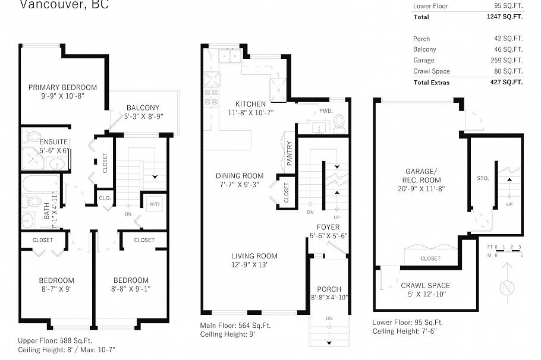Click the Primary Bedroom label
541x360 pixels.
62,87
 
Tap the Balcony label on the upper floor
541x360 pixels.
141,108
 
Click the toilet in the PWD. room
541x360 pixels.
339,122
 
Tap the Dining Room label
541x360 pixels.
240,175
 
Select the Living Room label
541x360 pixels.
254,256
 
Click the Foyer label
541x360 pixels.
328,227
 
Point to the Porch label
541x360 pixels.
329,289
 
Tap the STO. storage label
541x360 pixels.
482,177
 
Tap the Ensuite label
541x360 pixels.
54,142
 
